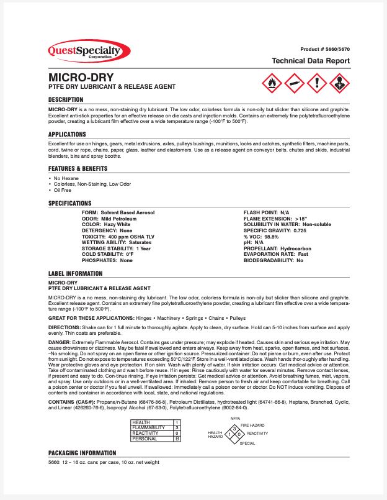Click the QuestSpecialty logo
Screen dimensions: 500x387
tap(89, 50)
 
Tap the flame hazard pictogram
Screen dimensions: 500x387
tap(272, 82)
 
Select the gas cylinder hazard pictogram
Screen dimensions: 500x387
tap(294, 82)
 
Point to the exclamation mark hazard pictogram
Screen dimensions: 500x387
tap(316, 82)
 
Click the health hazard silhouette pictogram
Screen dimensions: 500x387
tap(339, 82)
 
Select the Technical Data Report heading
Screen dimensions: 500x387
tap(311, 61)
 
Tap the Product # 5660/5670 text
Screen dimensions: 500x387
tap(325, 48)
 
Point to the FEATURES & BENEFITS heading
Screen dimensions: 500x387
tap(78, 168)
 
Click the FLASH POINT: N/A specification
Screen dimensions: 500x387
tap(267, 212)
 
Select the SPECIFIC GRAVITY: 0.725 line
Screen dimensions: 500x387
tap(275, 230)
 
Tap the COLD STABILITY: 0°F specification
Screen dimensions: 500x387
tap(107, 254)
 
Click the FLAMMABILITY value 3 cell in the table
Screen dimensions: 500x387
tap(177, 427)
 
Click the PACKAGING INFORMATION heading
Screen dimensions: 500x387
tap(82, 453)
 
